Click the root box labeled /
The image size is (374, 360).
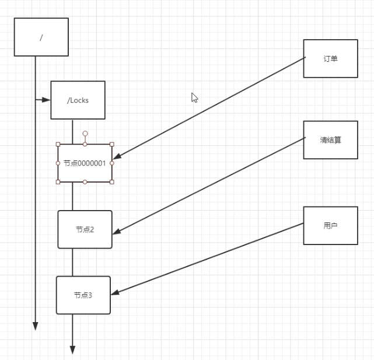click(x=41, y=37)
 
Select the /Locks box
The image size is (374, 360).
click(x=78, y=100)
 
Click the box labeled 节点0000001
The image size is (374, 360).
click(x=85, y=163)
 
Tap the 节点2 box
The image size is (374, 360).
click(x=85, y=229)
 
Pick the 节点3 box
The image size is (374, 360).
click(x=83, y=295)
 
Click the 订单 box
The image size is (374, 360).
click(x=330, y=58)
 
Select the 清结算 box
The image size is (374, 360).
click(x=330, y=140)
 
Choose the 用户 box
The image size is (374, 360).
click(x=330, y=225)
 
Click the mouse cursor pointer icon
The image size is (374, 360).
click(x=194, y=97)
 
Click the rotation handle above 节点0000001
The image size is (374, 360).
click(x=85, y=134)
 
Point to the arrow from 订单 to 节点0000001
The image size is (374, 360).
click(x=210, y=107)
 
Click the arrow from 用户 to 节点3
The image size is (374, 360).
click(x=210, y=258)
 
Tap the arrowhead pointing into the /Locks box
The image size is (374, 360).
click(x=46, y=100)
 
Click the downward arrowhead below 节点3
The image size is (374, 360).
click(x=72, y=349)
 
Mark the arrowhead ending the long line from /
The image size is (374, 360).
click(x=35, y=326)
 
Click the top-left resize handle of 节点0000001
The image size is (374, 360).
click(x=58, y=144)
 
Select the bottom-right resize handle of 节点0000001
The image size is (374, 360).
click(x=112, y=182)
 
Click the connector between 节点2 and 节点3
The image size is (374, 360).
click(x=72, y=262)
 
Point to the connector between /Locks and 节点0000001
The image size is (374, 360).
click(x=72, y=131)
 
